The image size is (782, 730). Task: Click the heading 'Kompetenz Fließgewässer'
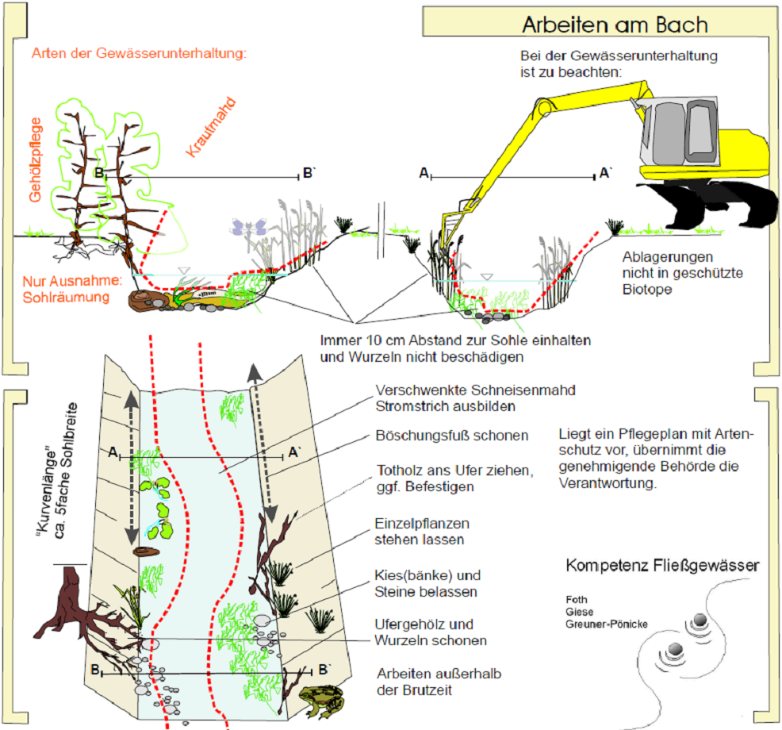(x=662, y=566)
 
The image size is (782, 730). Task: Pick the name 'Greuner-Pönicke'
(x=607, y=624)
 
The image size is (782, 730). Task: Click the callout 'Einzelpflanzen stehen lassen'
(x=422, y=532)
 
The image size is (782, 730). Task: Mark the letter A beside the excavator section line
(x=424, y=172)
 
